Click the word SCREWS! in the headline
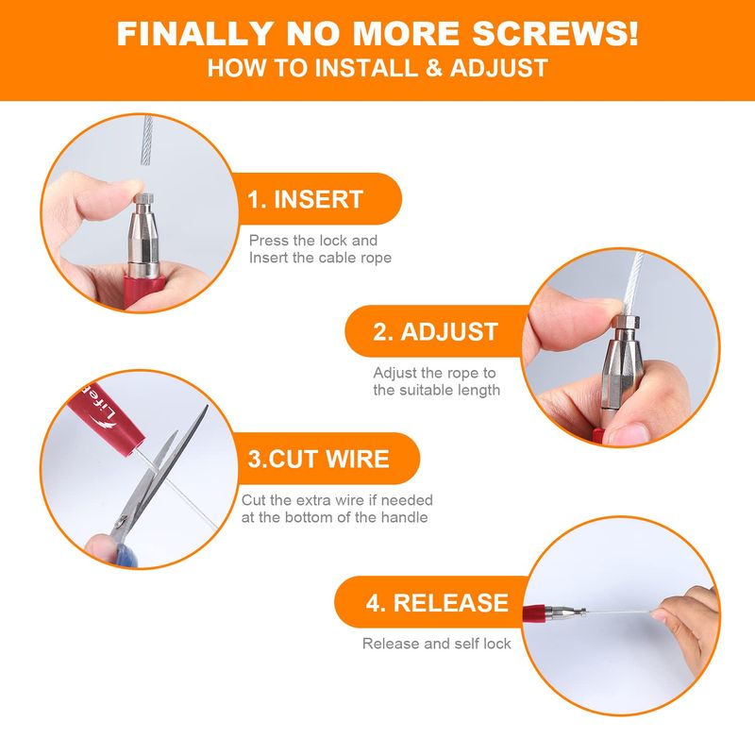point(555,34)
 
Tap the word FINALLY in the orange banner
point(195,34)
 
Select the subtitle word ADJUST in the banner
point(499,68)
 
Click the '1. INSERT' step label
point(305,199)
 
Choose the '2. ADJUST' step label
point(435,332)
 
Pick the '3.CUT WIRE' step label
point(318,459)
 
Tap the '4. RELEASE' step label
point(437,602)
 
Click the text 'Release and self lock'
point(436,644)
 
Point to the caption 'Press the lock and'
point(313,241)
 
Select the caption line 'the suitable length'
point(436,390)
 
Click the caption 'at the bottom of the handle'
point(334,517)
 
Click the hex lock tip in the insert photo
point(144,199)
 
